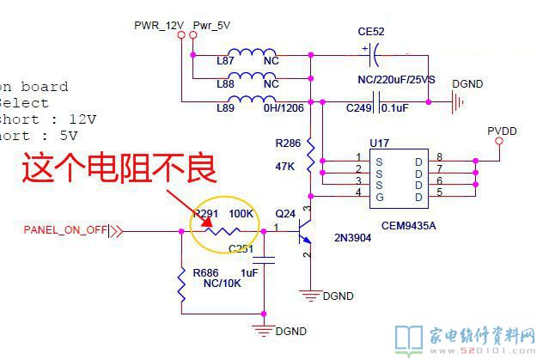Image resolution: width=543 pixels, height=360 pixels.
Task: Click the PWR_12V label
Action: (159, 25)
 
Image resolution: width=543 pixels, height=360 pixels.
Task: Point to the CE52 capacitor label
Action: (371, 32)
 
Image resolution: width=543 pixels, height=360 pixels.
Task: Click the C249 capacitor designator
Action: (359, 107)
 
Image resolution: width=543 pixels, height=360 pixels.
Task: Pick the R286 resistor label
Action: (289, 143)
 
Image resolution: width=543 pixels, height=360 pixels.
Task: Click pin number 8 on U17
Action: (439, 157)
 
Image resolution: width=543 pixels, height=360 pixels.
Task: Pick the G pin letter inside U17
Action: (379, 198)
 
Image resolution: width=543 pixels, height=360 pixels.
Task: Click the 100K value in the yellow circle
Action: (241, 212)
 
